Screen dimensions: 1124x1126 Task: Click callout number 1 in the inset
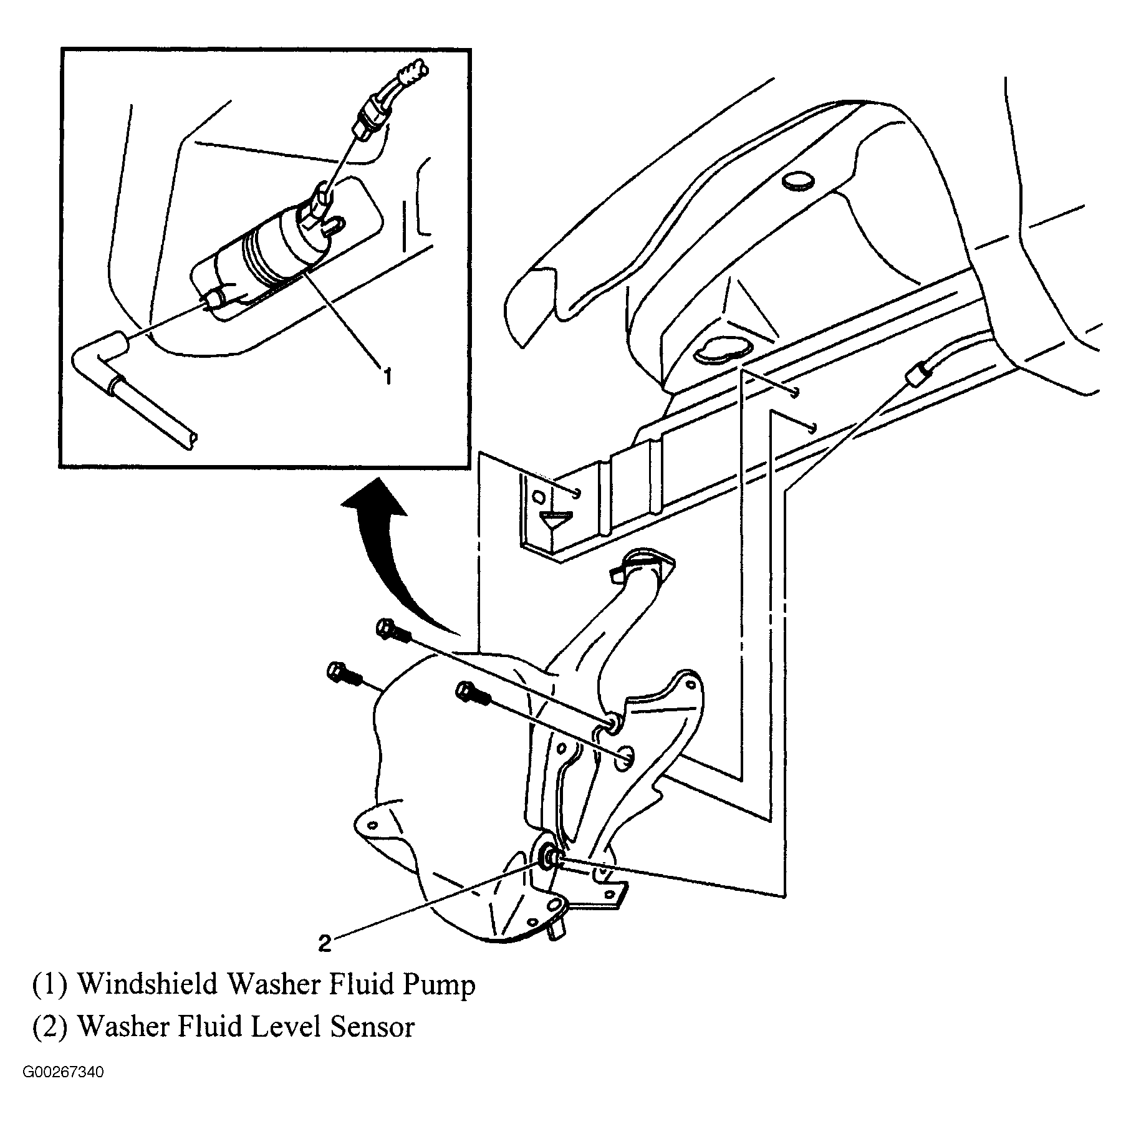387,376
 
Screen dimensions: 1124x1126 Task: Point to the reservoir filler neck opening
642,560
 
